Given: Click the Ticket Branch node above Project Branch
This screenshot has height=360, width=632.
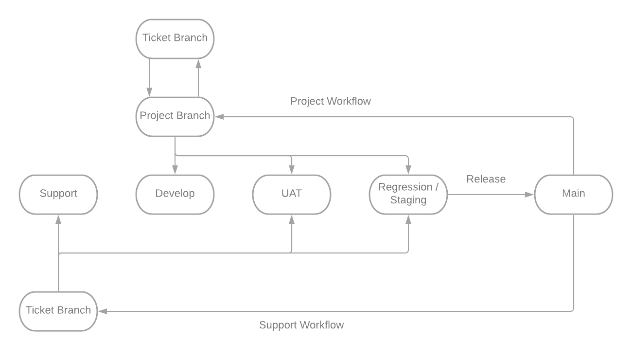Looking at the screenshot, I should click(x=175, y=38).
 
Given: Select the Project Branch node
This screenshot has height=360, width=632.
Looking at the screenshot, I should click(x=175, y=116).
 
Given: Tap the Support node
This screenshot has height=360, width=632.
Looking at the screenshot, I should click(x=58, y=194).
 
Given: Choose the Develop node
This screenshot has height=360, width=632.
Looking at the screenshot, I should click(x=175, y=194).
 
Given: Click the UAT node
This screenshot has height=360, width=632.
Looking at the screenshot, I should click(x=292, y=194).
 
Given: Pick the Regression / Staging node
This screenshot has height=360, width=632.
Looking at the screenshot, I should click(x=408, y=194).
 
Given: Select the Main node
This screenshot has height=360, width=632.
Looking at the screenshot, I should click(x=574, y=194).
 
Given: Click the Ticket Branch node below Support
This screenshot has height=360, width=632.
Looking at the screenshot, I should click(x=58, y=311).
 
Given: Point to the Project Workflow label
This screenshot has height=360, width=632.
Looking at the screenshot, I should click(x=331, y=101).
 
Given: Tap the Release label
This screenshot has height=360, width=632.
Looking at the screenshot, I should click(x=486, y=179).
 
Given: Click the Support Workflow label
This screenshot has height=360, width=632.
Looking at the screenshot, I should click(x=301, y=325).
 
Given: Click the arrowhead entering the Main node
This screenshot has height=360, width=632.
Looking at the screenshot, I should click(x=530, y=195).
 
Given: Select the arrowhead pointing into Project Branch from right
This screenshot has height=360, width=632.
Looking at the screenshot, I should click(x=219, y=117).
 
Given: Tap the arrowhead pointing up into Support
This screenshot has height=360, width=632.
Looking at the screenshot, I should click(x=58, y=219).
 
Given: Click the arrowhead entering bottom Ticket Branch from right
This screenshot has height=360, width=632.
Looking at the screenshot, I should click(x=102, y=311).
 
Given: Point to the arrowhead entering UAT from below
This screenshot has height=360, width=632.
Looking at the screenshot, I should click(x=292, y=219).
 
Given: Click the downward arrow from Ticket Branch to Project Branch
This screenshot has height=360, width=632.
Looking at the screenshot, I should click(x=150, y=78).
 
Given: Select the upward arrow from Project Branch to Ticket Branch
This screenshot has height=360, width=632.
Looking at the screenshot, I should click(x=198, y=78).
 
